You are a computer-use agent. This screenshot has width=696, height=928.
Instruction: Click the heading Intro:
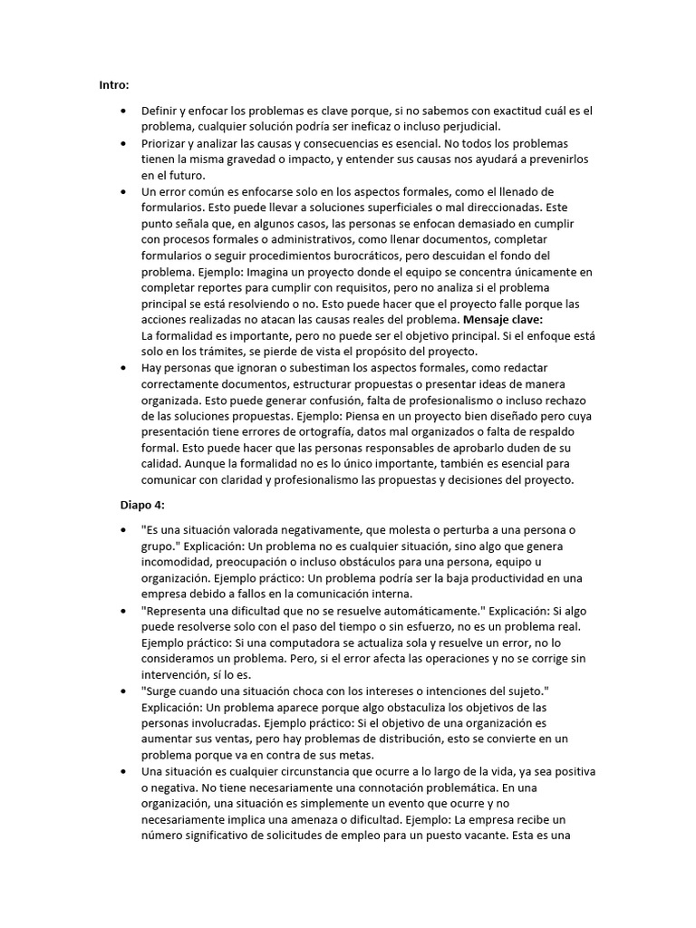pyautogui.click(x=114, y=85)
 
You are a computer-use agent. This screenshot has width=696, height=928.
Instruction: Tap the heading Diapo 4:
pyautogui.click(x=144, y=504)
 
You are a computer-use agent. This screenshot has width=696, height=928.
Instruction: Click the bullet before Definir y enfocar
pyautogui.click(x=122, y=110)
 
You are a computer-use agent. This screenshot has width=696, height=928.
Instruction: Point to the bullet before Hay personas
pyautogui.click(x=122, y=368)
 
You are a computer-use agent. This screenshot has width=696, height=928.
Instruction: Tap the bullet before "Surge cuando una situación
pyautogui.click(x=122, y=691)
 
